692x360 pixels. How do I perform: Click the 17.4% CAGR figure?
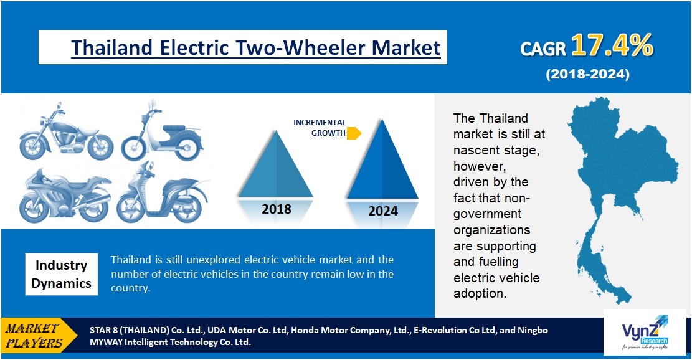(x=612, y=45)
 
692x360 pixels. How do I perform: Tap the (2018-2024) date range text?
(x=587, y=74)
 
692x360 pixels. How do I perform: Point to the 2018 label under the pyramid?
(x=277, y=209)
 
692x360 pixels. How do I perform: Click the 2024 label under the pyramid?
(x=382, y=211)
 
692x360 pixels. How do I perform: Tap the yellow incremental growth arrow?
(x=354, y=133)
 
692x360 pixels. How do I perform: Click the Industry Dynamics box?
(x=61, y=274)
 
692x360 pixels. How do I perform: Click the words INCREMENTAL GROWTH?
(x=319, y=128)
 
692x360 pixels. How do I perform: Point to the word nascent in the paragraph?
(x=478, y=150)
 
